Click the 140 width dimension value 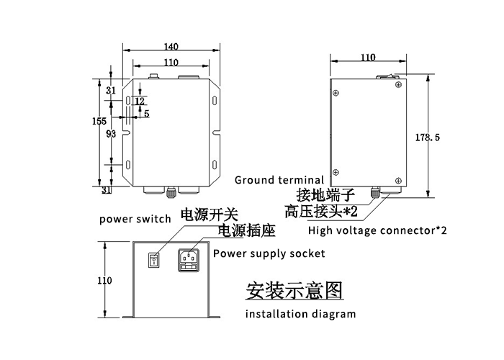pyautogui.click(x=171, y=47)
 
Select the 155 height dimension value pyautogui.click(x=99, y=121)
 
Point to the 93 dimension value pyautogui.click(x=111, y=134)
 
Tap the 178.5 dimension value pyautogui.click(x=428, y=138)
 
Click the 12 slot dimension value pyautogui.click(x=140, y=102)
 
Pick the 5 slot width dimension pyautogui.click(x=147, y=114)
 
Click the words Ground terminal pyautogui.click(x=279, y=180)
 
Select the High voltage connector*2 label pyautogui.click(x=377, y=230)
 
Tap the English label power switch pyautogui.click(x=135, y=219)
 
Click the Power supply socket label pyautogui.click(x=269, y=253)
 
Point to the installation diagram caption pyautogui.click(x=300, y=314)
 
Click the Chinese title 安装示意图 pyautogui.click(x=294, y=290)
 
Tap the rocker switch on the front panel pyautogui.click(x=153, y=260)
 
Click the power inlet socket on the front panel pyautogui.click(x=189, y=261)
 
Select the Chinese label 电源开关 pyautogui.click(x=210, y=215)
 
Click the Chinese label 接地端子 pyautogui.click(x=325, y=195)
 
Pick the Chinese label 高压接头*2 pyautogui.click(x=321, y=212)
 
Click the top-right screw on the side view pyautogui.click(x=398, y=85)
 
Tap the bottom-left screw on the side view pyautogui.click(x=336, y=172)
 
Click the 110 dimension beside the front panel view pyautogui.click(x=105, y=281)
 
